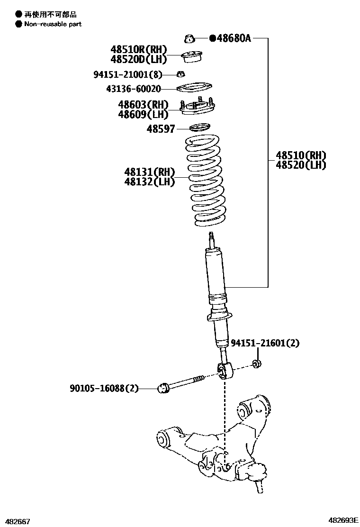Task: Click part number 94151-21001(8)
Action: click(127, 74)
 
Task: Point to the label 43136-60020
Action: click(133, 89)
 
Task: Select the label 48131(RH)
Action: click(150, 172)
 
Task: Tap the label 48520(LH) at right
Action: click(301, 165)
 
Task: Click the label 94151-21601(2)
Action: click(265, 343)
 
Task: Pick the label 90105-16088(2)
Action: click(104, 389)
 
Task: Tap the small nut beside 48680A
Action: click(189, 37)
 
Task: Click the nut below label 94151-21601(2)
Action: click(257, 364)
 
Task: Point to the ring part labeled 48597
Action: click(199, 127)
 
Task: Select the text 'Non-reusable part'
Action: click(53, 24)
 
